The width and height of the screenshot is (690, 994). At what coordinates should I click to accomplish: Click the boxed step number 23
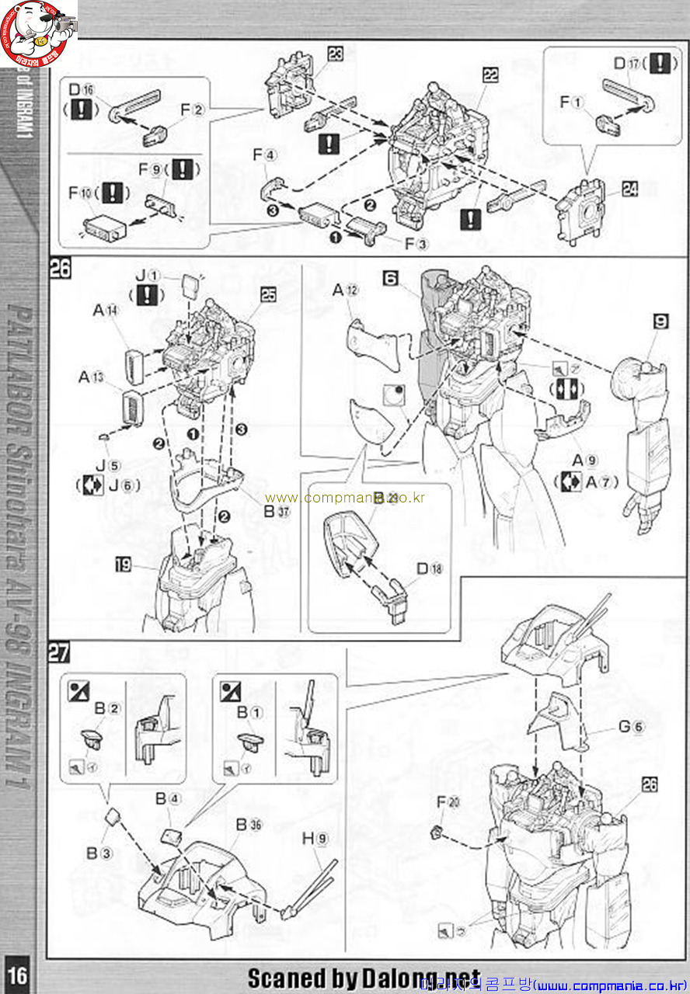tap(336, 54)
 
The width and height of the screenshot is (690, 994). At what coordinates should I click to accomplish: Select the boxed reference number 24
tap(629, 188)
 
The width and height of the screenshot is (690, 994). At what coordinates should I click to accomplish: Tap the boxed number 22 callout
tap(490, 75)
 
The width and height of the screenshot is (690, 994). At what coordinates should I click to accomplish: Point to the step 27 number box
tap(59, 652)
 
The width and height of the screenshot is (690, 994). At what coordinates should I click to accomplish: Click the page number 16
tap(18, 974)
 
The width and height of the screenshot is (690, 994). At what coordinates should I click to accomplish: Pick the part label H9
tap(315, 839)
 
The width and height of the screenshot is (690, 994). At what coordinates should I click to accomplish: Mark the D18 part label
tap(429, 568)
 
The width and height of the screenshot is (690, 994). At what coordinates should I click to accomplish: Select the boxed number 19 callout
tap(124, 565)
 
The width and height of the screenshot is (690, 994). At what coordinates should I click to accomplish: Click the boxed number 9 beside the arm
tap(660, 321)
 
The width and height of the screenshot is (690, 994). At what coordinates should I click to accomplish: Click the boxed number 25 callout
tap(268, 296)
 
